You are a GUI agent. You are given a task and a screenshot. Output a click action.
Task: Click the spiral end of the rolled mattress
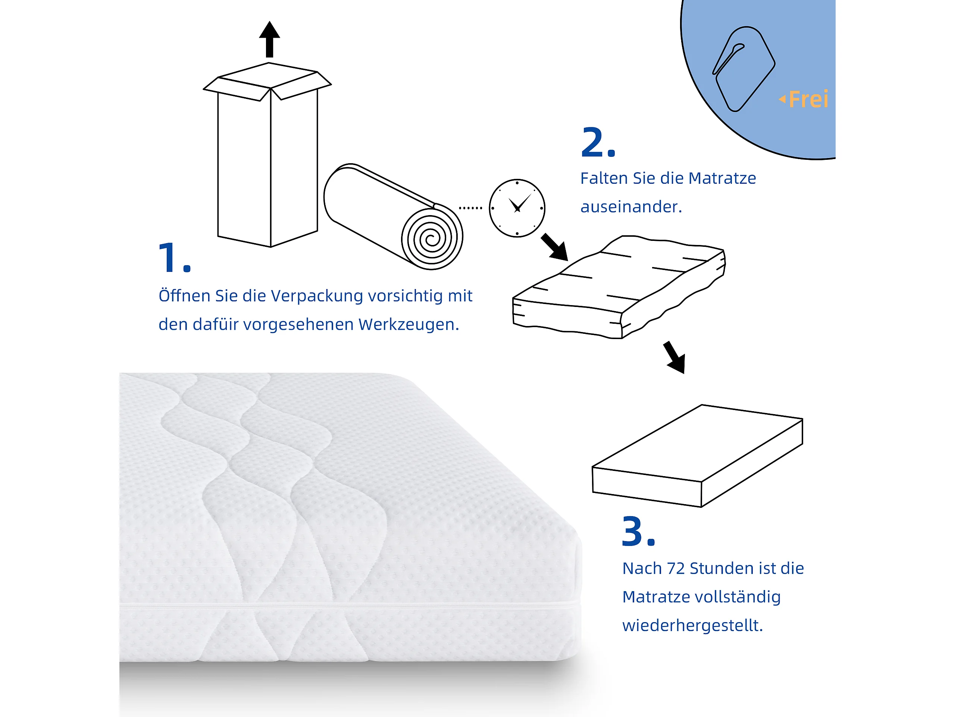pos(432,238)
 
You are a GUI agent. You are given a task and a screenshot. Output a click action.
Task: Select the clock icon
pos(517,208)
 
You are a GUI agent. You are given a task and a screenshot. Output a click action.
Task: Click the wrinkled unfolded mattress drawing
pos(619,287)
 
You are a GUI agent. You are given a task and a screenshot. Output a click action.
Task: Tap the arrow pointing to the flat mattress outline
pos(675,357)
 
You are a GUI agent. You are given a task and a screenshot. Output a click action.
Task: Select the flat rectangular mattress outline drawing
pos(697,456)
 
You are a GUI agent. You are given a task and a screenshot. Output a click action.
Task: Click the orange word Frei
pos(808,99)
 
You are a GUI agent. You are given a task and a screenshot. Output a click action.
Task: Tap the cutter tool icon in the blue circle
pos(743,69)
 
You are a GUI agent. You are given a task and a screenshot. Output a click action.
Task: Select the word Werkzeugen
pos(408,325)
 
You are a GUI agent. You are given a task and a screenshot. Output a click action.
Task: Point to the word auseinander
pos(631,207)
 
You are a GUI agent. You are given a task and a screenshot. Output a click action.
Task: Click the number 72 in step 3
pos(676,568)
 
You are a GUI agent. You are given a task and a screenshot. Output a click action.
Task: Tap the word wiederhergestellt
pos(692,626)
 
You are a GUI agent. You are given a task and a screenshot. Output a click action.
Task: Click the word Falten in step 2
pos(604,178)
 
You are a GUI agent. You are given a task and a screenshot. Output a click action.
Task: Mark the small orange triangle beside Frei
pos(782,99)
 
